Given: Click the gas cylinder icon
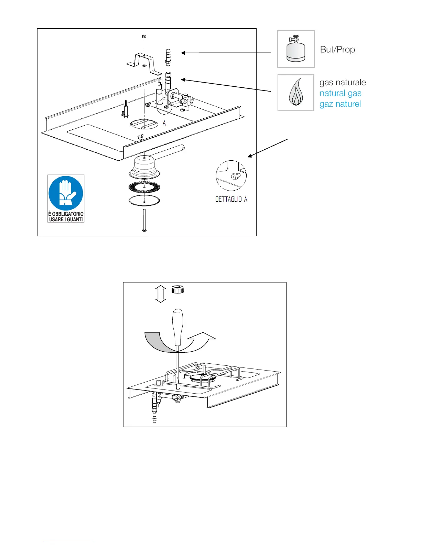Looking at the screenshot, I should coord(296,49).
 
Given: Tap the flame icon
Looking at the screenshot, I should coord(296,93).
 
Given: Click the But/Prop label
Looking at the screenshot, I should coord(337,50).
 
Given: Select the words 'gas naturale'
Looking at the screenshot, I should coord(343,83).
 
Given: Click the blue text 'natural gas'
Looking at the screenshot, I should coord(341,93).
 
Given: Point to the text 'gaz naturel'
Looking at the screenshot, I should coord(340,104).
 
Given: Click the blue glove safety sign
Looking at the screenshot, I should coord(66,199).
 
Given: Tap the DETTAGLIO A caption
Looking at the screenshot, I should coord(231,200).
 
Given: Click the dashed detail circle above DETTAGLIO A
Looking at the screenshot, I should coord(231,176).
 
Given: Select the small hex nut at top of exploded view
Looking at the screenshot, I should coord(144,36).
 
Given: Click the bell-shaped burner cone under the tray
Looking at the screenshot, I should coord(144,167).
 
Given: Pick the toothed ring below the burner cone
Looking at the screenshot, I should coord(144,187).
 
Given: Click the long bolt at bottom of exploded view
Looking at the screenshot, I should coord(144,220).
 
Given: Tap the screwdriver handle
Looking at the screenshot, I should coord(177,327).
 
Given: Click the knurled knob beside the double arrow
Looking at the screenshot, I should coord(177,289).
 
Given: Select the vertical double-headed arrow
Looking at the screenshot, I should coord(160,294).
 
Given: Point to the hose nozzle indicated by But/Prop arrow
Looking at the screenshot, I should coord(168,57).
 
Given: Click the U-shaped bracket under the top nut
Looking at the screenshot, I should coord(144,64).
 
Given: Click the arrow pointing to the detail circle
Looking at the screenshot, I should coord(268,148).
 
